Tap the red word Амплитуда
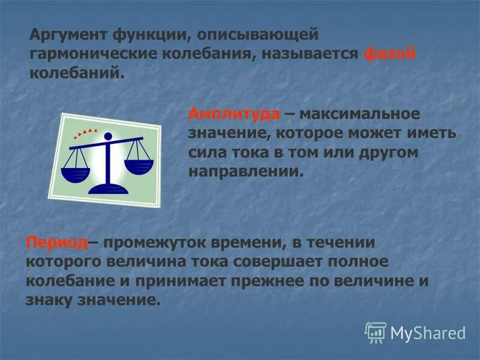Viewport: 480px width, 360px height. point(234,113)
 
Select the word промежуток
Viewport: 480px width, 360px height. point(154,242)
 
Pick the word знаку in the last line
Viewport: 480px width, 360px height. point(50,300)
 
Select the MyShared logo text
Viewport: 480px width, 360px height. point(428,332)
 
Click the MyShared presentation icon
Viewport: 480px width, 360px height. point(376,332)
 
